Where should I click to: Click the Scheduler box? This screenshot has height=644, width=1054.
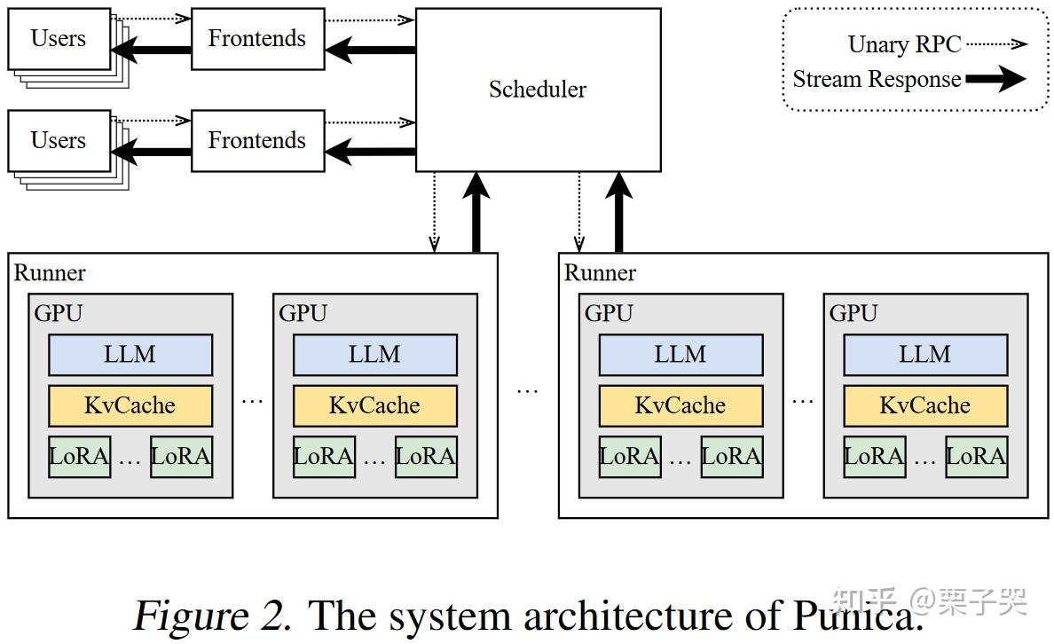click(538, 90)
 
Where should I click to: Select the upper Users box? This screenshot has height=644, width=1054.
click(59, 38)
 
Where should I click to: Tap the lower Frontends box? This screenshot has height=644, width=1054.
click(256, 140)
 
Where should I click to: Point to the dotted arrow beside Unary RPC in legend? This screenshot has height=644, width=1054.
click(995, 43)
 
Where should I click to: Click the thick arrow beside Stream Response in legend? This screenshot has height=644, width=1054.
click(995, 80)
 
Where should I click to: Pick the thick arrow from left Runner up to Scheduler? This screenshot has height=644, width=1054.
click(477, 213)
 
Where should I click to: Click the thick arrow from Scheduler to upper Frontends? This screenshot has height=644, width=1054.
click(370, 50)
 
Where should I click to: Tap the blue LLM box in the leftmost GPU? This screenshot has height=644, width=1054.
click(130, 355)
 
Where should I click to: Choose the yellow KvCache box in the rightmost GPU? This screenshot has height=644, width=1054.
click(925, 405)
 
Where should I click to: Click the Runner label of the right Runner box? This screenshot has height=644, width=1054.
click(600, 272)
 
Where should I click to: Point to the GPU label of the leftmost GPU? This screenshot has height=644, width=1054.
click(59, 313)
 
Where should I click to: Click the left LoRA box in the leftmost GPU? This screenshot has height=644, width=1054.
click(80, 457)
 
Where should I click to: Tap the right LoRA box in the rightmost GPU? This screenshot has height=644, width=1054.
click(976, 457)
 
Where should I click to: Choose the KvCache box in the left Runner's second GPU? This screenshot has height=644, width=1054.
click(375, 405)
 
